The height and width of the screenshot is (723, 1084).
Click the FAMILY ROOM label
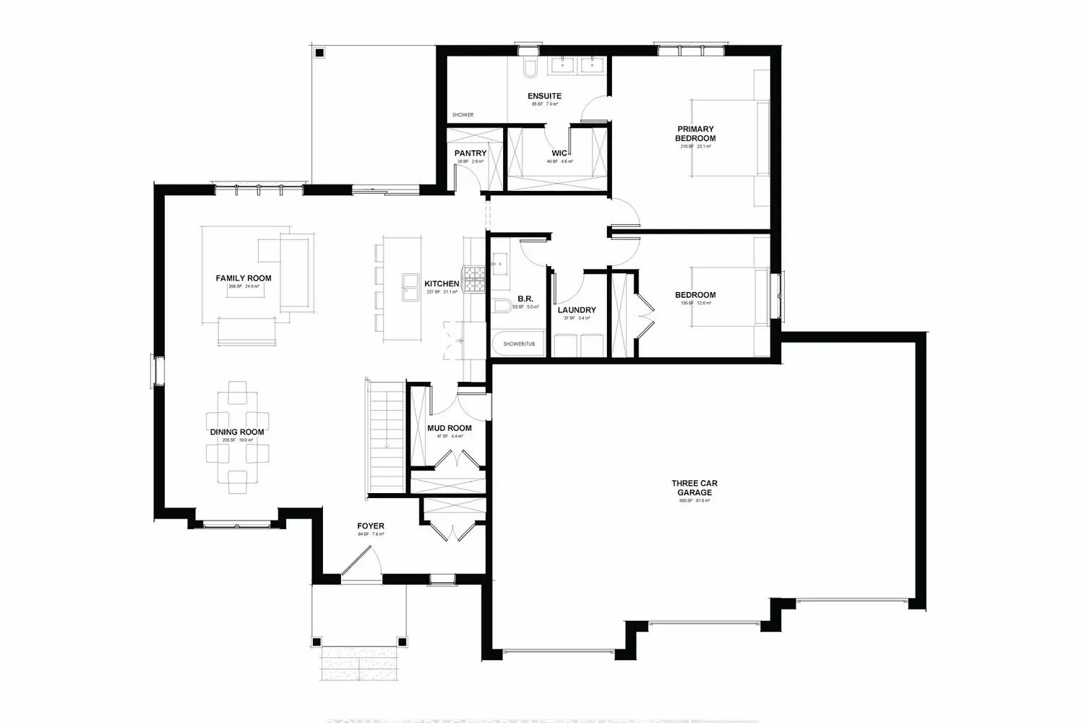click(x=244, y=278)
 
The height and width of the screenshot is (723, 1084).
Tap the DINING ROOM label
click(x=237, y=432)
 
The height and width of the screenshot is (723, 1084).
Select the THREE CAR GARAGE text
click(x=694, y=488)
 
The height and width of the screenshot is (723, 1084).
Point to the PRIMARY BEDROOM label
click(x=695, y=134)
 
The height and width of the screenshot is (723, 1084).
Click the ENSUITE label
click(x=544, y=96)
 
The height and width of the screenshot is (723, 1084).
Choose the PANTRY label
click(x=470, y=153)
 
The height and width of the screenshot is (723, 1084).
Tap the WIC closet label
click(x=559, y=153)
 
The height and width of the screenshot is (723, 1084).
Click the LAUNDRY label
click(x=577, y=310)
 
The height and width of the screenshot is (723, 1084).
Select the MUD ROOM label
click(x=449, y=428)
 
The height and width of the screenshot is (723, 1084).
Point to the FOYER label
click(x=371, y=526)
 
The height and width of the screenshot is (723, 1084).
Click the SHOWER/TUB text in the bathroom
click(x=519, y=344)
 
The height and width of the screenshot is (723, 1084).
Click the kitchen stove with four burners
click(x=475, y=279)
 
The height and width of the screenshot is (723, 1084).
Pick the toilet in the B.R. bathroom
click(x=501, y=307)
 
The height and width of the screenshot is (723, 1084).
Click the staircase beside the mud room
click(x=386, y=438)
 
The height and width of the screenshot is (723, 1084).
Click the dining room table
click(x=237, y=437)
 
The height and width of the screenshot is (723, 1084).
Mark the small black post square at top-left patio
click(x=319, y=52)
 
